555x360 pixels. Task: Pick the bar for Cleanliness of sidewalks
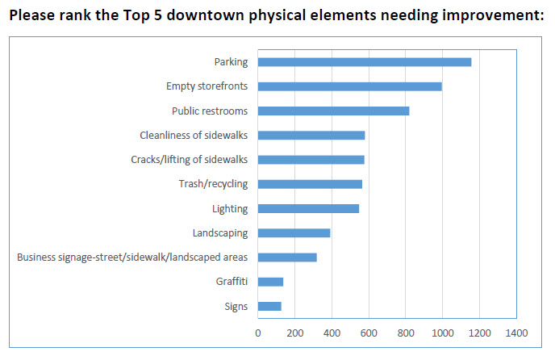311,135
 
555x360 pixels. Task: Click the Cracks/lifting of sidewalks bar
311,160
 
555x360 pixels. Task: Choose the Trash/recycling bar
310,184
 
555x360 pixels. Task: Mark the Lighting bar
308,208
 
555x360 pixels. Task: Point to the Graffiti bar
271,282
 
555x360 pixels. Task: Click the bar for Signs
269,306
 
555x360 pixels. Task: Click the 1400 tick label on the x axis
516,333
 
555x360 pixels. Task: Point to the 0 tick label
258,333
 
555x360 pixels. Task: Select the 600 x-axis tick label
369,333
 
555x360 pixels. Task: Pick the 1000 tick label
442,333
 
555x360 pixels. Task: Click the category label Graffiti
232,282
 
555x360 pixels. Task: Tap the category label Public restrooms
210,111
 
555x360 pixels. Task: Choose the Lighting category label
230,208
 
